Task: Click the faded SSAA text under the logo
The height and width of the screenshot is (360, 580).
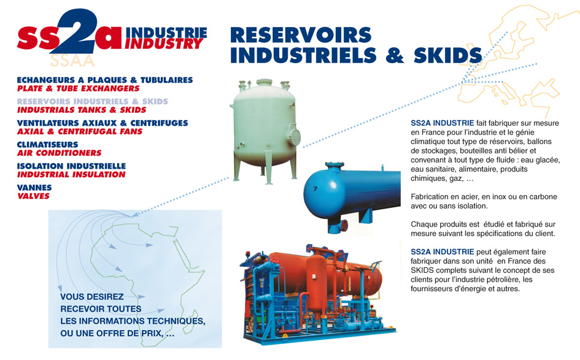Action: click(72, 61)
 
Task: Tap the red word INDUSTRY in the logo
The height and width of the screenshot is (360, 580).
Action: click(164, 44)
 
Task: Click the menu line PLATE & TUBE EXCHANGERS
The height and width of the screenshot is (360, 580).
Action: click(79, 88)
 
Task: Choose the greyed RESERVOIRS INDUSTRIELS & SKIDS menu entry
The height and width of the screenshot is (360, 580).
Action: click(93, 101)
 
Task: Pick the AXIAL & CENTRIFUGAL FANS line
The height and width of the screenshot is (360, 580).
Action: click(80, 131)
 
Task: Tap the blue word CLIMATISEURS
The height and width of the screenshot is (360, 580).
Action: click(48, 144)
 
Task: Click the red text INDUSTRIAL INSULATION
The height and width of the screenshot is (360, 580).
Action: click(71, 174)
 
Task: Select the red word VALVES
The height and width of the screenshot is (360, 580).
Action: click(33, 196)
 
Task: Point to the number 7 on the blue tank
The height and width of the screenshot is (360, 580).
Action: click(315, 188)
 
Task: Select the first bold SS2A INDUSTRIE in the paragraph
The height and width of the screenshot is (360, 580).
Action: click(442, 123)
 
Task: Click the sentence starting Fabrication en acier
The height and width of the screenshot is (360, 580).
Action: click(484, 201)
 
